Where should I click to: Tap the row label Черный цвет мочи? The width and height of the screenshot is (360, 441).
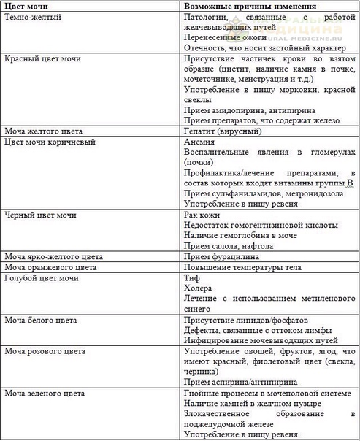pos(43,215)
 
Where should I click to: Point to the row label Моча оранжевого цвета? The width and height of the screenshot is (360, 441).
pos(50,268)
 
